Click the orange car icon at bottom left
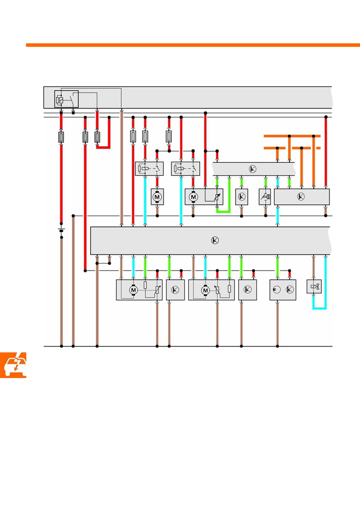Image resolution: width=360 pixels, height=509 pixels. pos(13,365)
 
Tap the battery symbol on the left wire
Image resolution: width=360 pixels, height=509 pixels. pos(61,230)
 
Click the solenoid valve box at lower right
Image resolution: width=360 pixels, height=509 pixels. pos(314,287)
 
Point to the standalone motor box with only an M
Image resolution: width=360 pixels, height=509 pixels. pos(157,197)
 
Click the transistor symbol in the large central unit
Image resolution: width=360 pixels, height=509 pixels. pos(215,240)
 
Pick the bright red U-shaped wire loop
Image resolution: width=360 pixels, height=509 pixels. pos(103,132)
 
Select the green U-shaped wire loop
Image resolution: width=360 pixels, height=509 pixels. pos(223,195)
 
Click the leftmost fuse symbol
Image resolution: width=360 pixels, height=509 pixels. pos(61,137)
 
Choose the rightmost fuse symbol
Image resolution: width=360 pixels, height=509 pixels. pos(169,137)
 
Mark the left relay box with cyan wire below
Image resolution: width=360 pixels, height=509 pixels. pos(149,169)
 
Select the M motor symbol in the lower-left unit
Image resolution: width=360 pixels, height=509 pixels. pos(133,290)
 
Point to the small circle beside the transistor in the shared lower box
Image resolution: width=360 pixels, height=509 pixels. pos(276,289)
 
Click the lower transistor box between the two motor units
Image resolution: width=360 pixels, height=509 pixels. pos(175,290)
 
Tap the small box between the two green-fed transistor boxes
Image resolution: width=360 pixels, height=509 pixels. pos(265,197)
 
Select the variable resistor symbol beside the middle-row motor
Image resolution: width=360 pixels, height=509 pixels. pos(217,197)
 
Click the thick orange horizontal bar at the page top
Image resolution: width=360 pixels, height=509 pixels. pos(193,45)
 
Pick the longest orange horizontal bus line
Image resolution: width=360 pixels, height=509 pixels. pos(292,136)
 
